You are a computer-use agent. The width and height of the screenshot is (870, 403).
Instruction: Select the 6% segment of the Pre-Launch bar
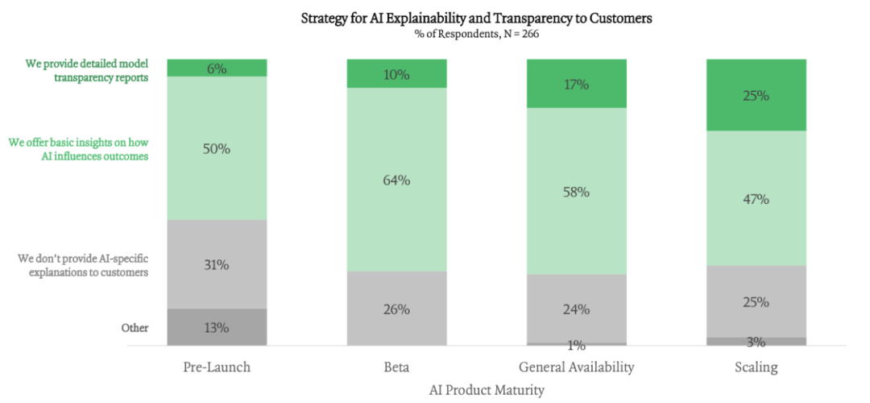point(217,68)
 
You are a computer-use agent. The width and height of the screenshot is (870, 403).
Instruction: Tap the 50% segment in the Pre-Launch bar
point(217,148)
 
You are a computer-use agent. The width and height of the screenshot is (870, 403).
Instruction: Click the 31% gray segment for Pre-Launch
point(217,264)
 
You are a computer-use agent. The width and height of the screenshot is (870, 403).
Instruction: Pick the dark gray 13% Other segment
point(217,328)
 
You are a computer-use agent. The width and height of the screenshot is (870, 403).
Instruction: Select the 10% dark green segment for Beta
point(396,74)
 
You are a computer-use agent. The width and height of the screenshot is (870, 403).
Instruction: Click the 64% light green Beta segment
point(396,180)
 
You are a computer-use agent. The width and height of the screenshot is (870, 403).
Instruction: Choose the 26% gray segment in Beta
point(396,309)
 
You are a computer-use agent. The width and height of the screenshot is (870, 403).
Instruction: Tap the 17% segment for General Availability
point(577,84)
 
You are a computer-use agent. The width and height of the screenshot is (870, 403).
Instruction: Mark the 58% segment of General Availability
point(577,192)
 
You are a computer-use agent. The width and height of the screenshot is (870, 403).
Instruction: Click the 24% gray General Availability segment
point(577,309)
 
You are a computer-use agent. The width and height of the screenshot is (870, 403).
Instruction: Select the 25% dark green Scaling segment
point(756,95)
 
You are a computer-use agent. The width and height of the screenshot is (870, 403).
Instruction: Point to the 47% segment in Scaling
point(756,198)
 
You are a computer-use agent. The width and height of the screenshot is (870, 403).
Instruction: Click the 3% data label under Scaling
point(756,343)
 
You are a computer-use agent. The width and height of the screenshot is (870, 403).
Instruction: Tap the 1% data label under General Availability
point(577,346)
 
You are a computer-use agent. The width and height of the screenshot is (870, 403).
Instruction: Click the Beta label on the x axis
point(396,368)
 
